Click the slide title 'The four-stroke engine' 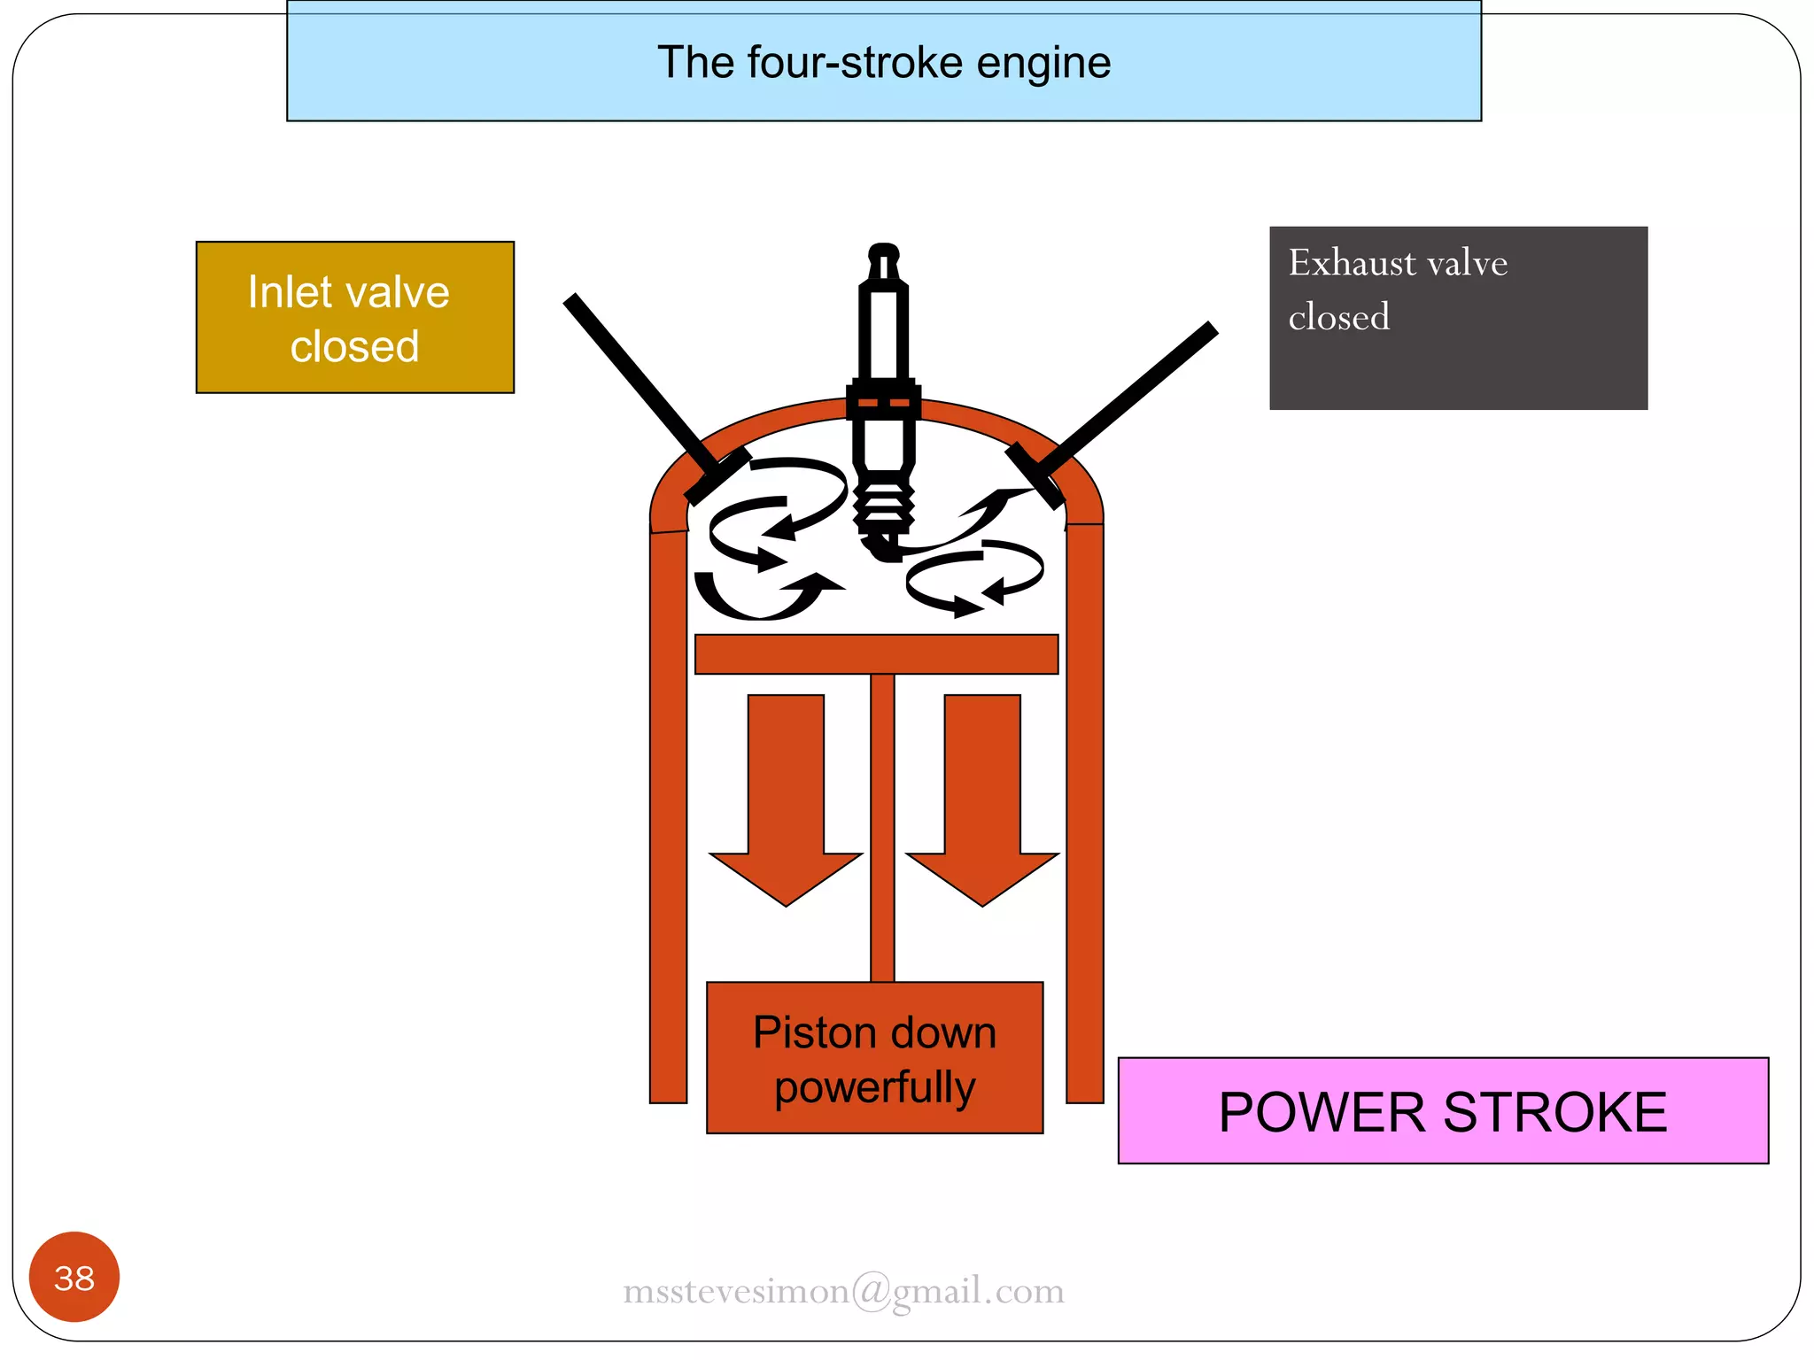coord(884,63)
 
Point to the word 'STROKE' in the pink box coord(1555,1112)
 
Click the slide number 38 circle coord(74,1277)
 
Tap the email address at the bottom coord(843,1291)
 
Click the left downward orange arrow coord(786,797)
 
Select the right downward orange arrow coord(982,797)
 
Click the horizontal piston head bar coord(876,654)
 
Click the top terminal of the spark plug coord(884,257)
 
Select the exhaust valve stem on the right coord(1134,394)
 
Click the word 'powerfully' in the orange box coord(875,1088)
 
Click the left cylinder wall coord(669,815)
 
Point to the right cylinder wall coord(1085,815)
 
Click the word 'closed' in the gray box coord(1338,318)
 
